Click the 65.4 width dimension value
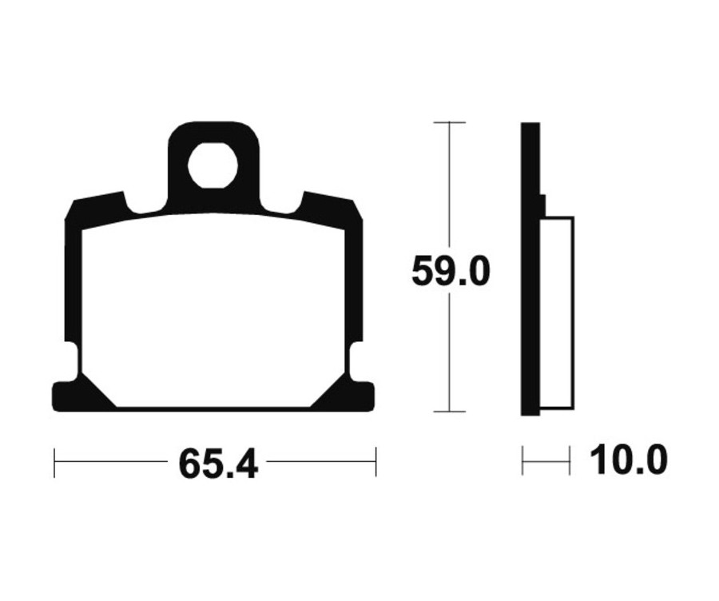pyautogui.click(x=219, y=464)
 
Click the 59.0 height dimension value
pyautogui.click(x=451, y=272)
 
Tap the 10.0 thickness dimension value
pyautogui.click(x=629, y=460)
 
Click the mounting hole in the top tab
pyautogui.click(x=213, y=165)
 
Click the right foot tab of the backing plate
pyautogui.click(x=361, y=396)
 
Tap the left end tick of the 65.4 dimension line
pyautogui.click(x=54, y=463)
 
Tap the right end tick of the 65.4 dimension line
pyautogui.click(x=375, y=463)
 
